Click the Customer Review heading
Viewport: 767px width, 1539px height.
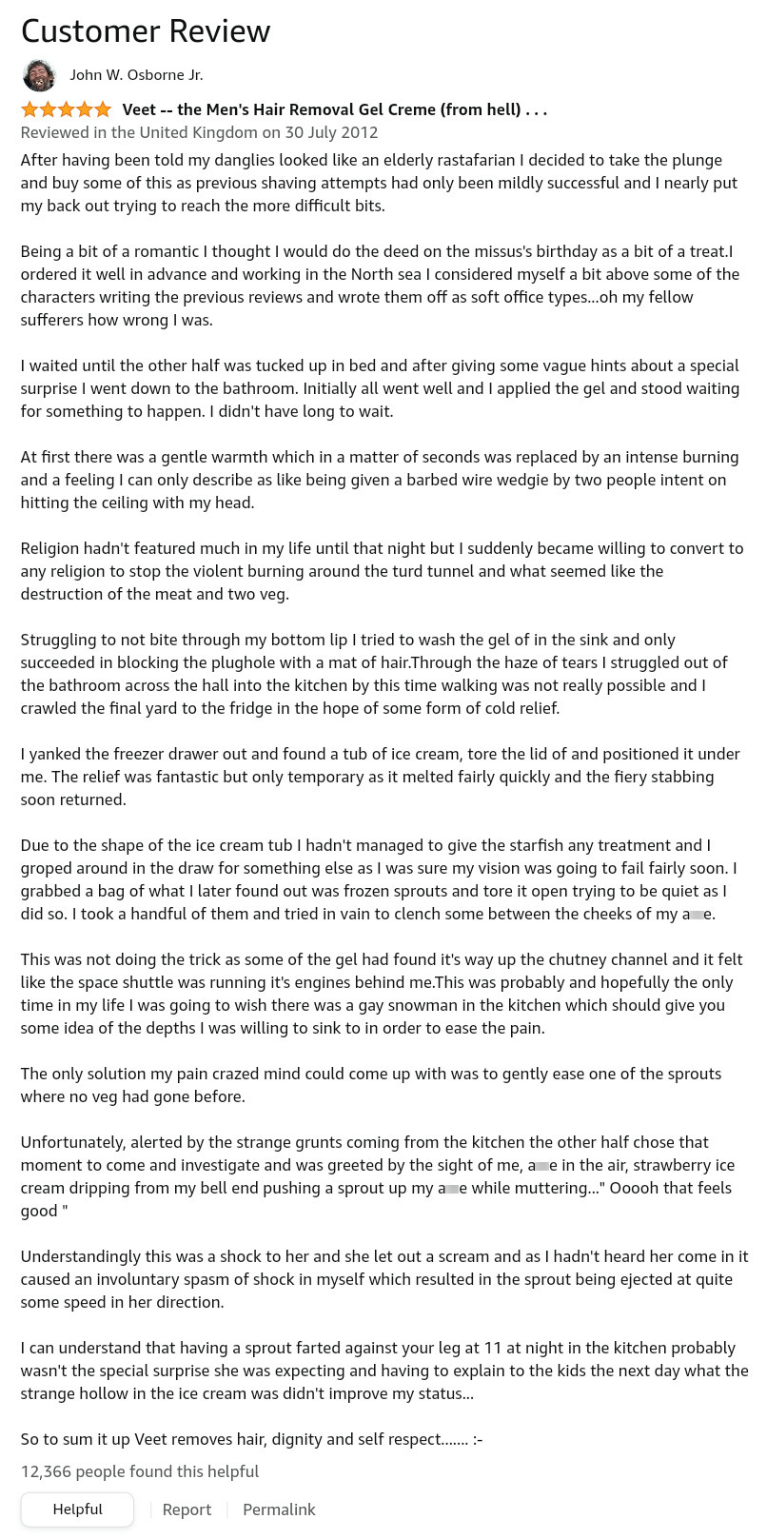(146, 31)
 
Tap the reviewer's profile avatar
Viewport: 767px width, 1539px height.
(39, 75)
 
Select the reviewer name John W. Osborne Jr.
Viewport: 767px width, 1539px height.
(136, 75)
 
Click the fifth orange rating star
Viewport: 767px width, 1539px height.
(103, 109)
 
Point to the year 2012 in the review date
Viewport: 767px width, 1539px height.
(360, 132)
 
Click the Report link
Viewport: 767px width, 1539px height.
(187, 1509)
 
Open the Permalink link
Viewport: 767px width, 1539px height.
(279, 1509)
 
